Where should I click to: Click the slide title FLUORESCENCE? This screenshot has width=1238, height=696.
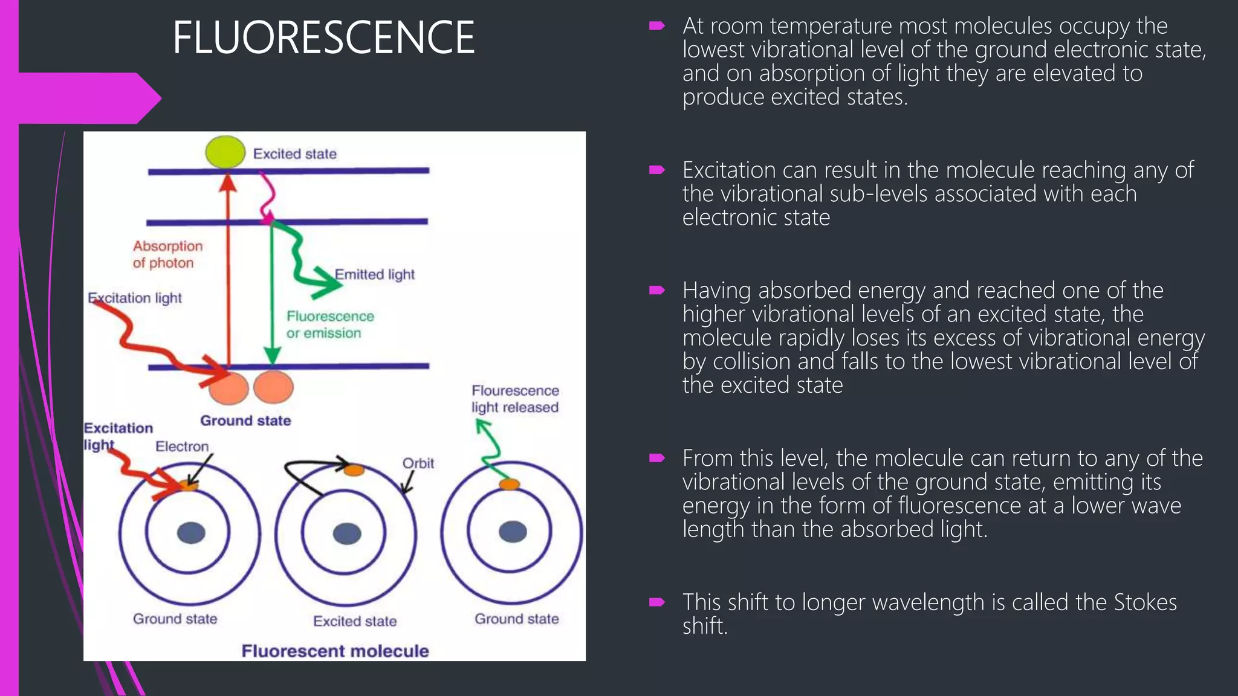[323, 37]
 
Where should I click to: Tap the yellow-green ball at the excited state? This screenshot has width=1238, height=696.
[225, 152]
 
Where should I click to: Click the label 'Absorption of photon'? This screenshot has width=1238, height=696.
[167, 254]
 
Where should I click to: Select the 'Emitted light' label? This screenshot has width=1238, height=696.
[375, 274]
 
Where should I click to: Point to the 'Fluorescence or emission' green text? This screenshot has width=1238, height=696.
[329, 324]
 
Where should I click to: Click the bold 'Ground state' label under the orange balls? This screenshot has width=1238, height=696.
[245, 420]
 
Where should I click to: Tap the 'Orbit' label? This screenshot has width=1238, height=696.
[418, 463]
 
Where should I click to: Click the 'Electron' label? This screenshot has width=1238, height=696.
[182, 446]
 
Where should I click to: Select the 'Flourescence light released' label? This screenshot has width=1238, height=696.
[515, 399]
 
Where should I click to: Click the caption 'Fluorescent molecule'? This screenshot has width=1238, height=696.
[335, 651]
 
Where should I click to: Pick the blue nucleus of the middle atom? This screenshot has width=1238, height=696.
[347, 533]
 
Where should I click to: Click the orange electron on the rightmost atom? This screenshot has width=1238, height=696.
[509, 484]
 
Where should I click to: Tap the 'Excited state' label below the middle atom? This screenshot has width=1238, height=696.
[355, 621]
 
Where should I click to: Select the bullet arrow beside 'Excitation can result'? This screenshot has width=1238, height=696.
[657, 170]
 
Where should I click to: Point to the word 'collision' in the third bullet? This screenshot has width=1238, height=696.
[751, 361]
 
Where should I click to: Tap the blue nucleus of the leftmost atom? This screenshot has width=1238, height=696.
[191, 533]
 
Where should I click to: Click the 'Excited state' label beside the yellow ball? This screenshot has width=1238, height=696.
[294, 153]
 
